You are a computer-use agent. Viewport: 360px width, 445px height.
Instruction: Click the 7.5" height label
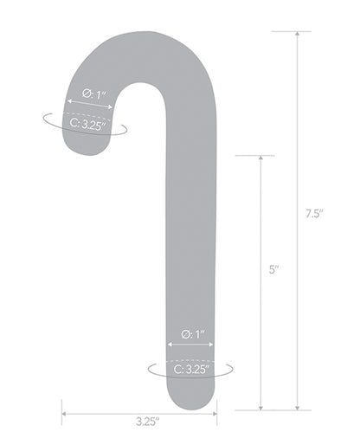(x=314, y=212)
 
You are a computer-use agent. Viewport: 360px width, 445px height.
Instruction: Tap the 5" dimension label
(x=273, y=269)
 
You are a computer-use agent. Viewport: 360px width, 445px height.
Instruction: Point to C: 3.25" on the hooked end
(x=87, y=126)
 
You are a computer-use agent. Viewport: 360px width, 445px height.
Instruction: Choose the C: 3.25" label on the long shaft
(x=190, y=369)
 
